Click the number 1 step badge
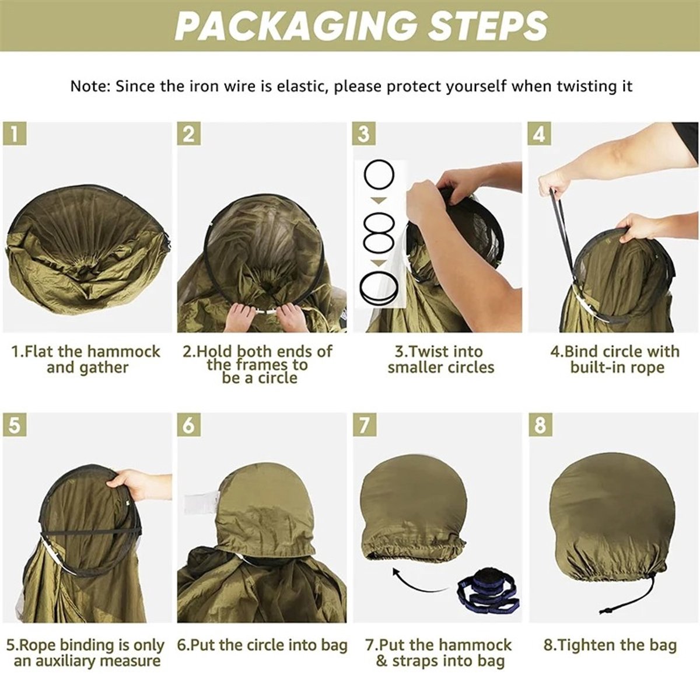15,134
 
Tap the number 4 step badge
540,134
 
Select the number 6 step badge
189,425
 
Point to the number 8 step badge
540,425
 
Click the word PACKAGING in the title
297,26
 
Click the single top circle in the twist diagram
379,174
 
